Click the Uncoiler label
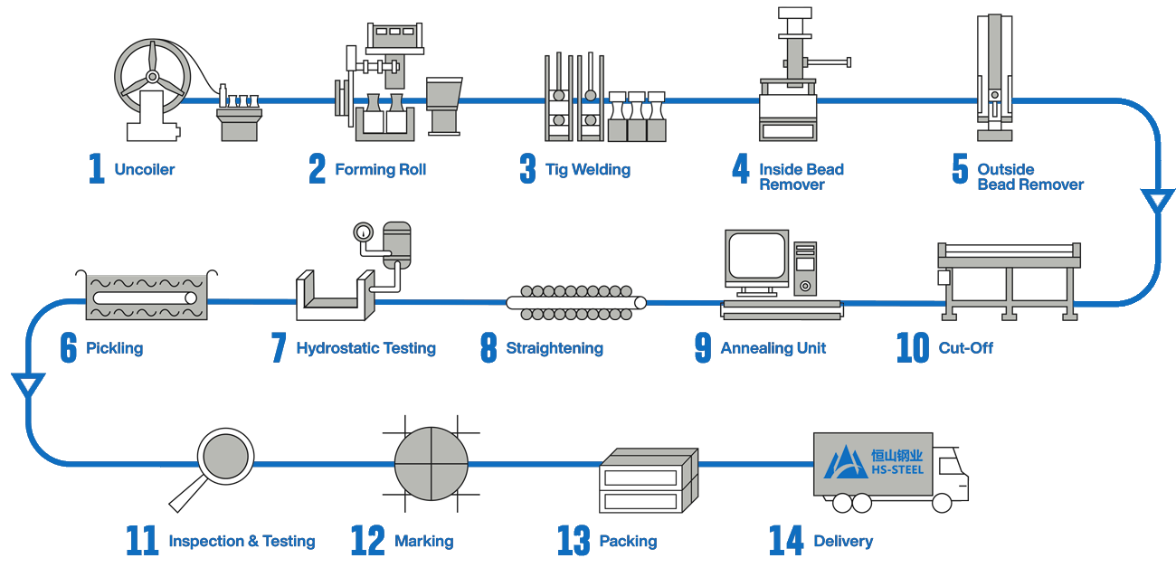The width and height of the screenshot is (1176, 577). point(145,170)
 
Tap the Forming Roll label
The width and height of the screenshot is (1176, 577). point(381,170)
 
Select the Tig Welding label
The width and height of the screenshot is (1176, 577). point(586,170)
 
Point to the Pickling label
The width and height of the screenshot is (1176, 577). point(115,348)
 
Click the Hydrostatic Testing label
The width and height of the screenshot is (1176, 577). point(366,348)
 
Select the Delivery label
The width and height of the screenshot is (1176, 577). point(843,542)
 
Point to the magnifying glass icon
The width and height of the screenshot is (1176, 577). point(225,457)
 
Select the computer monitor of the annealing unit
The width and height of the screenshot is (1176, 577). point(756,257)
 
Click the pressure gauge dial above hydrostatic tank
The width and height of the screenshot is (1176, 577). point(364,232)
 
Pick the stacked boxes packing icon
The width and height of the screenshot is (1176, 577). point(649,481)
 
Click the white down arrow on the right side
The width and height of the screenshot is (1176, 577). point(1157,201)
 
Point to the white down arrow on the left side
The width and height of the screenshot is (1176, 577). point(28,385)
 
